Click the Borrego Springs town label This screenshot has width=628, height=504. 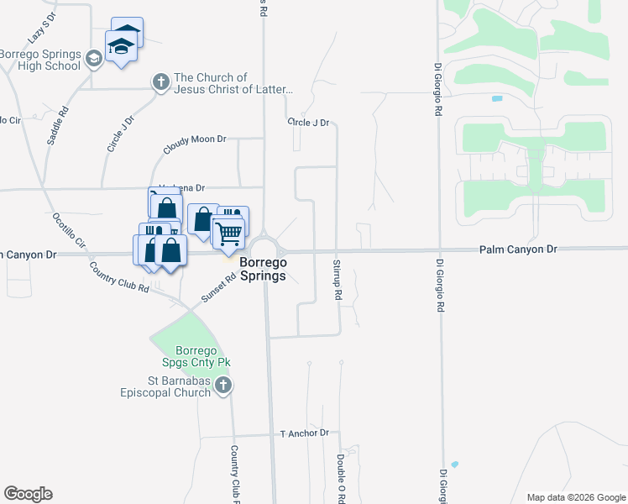click(x=263, y=269)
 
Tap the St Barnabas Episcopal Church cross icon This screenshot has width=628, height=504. click(x=222, y=386)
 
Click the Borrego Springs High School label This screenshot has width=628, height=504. click(x=40, y=59)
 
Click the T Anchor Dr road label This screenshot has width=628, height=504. click(x=306, y=433)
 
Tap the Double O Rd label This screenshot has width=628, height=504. click(x=341, y=479)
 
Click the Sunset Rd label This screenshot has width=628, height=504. click(x=217, y=289)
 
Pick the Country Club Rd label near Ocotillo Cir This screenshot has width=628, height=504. click(x=118, y=276)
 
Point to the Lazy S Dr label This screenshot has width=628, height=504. click(x=40, y=28)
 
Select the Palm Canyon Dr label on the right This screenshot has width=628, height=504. click(x=518, y=249)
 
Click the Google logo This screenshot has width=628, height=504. click(x=28, y=494)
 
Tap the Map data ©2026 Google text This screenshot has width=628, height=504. click(x=575, y=497)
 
